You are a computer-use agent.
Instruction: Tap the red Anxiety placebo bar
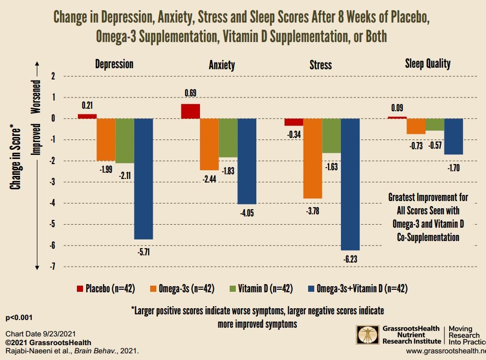tap(190, 111)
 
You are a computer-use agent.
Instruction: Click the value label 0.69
tap(190, 93)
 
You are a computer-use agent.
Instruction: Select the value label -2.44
tap(209, 178)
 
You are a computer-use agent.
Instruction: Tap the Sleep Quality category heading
tap(428, 64)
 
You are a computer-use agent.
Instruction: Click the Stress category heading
tap(321, 65)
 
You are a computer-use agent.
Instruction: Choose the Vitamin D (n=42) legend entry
tap(260, 289)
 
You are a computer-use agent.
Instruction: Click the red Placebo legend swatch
tap(79, 289)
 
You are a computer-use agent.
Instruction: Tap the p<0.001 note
tap(19, 318)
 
